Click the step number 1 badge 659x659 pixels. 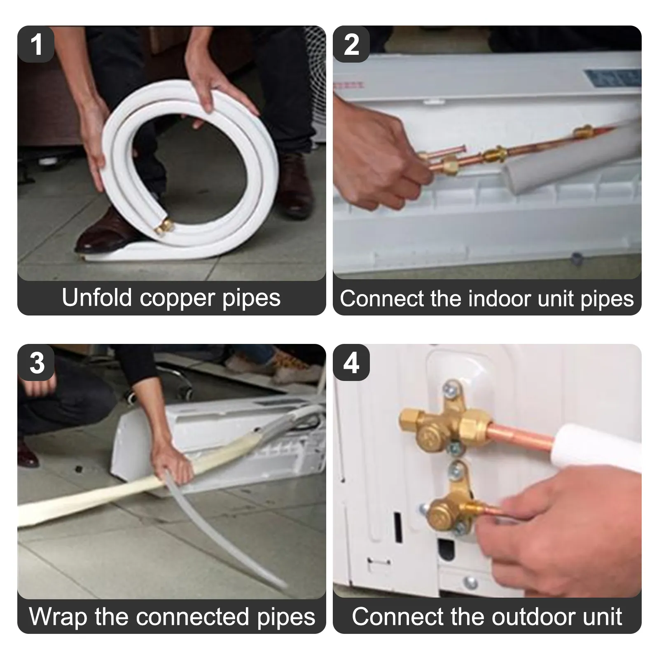[36, 44]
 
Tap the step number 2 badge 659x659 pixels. [351, 44]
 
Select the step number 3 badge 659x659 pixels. [36, 363]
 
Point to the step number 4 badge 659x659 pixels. [351, 363]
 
